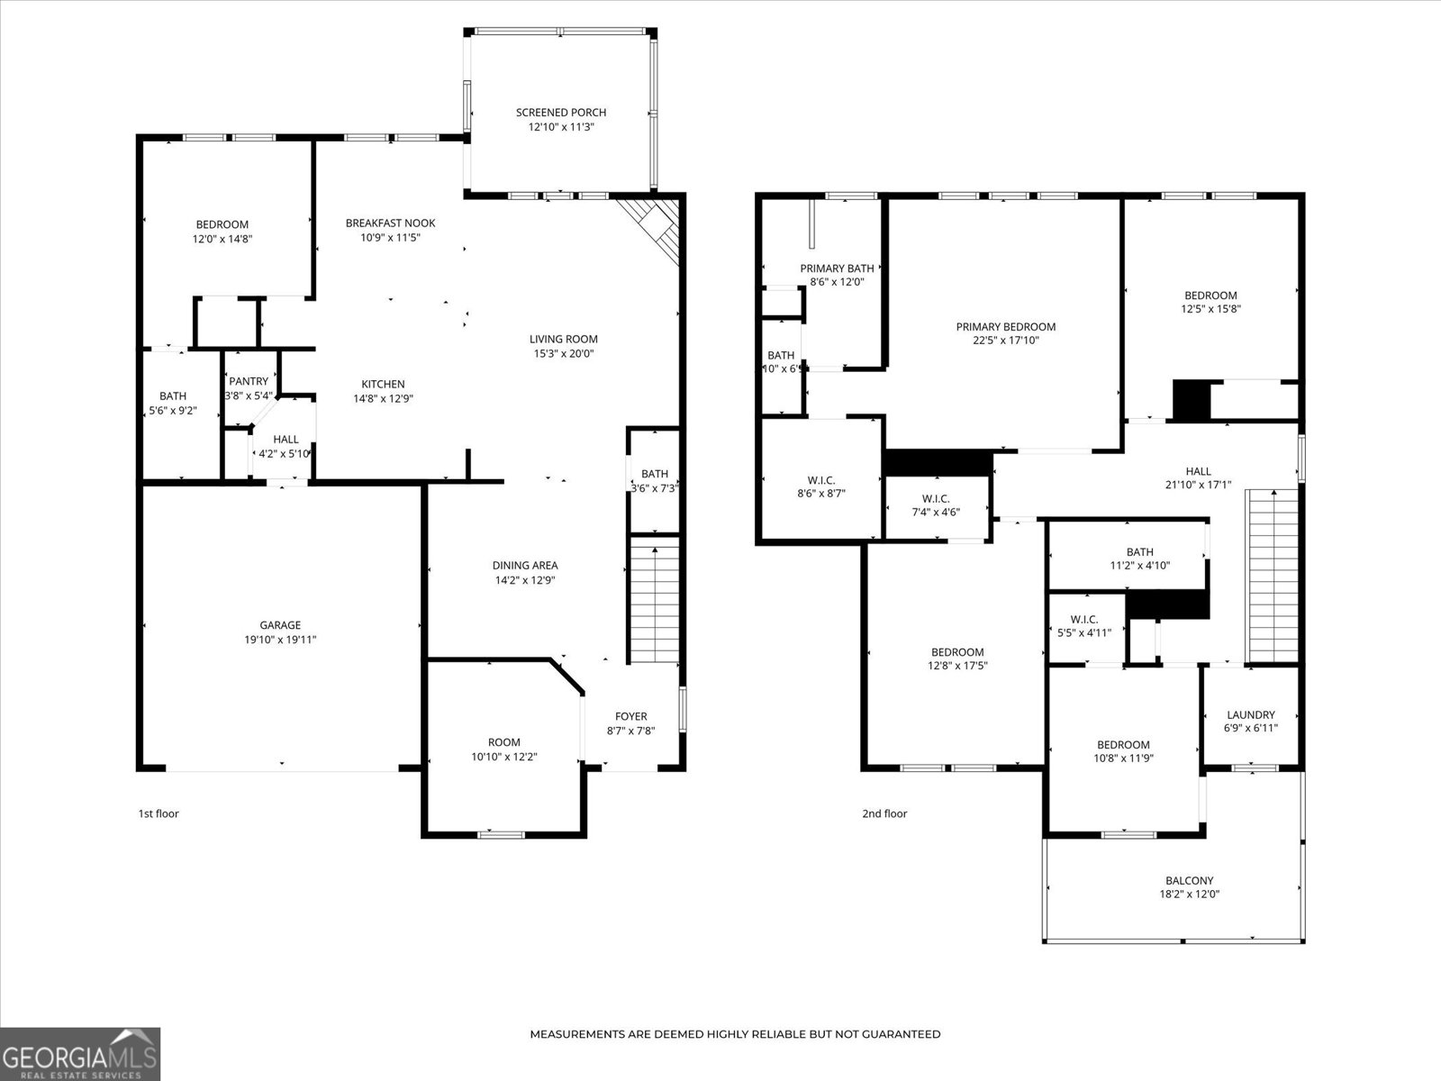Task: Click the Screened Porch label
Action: pyautogui.click(x=560, y=113)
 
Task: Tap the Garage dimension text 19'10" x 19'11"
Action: pyautogui.click(x=280, y=640)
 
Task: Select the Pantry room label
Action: pyautogui.click(x=249, y=381)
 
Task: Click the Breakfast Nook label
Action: pyautogui.click(x=390, y=223)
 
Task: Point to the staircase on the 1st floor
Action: pyautogui.click(x=654, y=599)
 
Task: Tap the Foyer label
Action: pyautogui.click(x=630, y=717)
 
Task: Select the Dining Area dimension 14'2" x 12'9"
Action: pyautogui.click(x=524, y=580)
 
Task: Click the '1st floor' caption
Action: pyautogui.click(x=159, y=813)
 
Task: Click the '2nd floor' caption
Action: pyautogui.click(x=884, y=813)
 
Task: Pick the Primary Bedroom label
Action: pyautogui.click(x=1005, y=327)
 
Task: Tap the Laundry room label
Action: pyautogui.click(x=1250, y=714)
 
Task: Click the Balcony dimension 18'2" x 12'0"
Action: pyautogui.click(x=1189, y=895)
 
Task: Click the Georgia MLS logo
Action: pyautogui.click(x=80, y=1053)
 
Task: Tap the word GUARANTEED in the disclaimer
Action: pyautogui.click(x=901, y=1034)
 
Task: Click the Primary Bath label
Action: pyautogui.click(x=837, y=268)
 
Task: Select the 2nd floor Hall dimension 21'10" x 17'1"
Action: pyautogui.click(x=1198, y=485)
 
